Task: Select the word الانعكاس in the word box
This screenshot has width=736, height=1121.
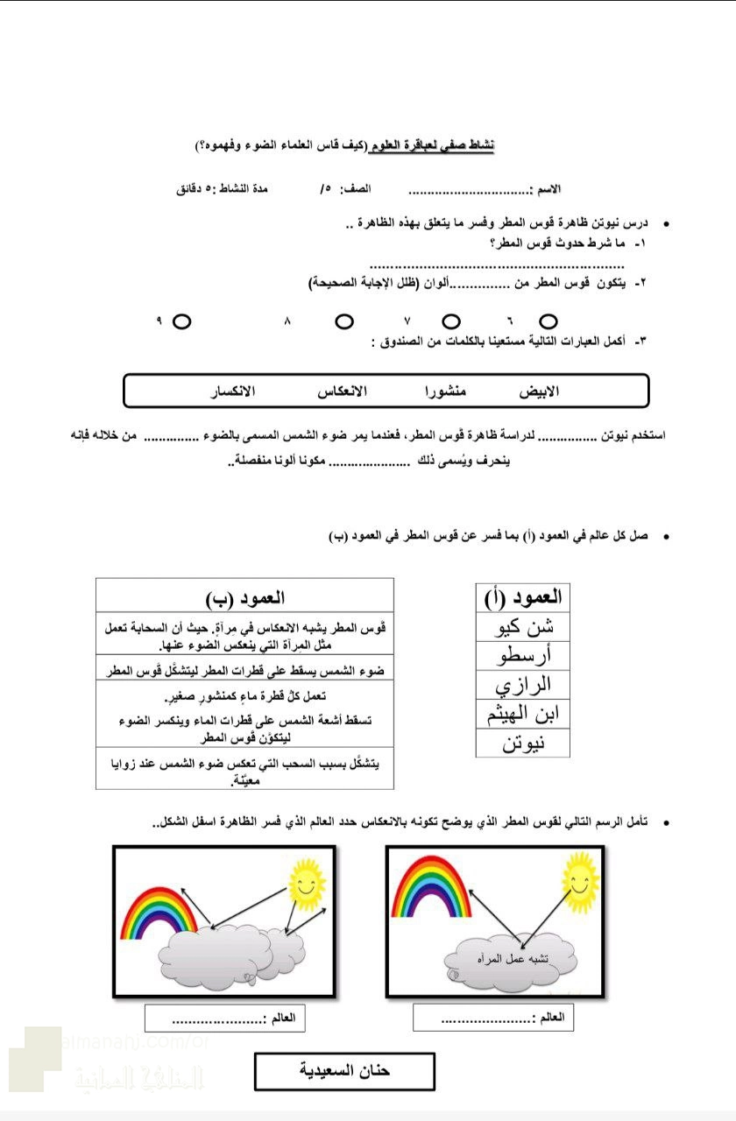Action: click(x=342, y=391)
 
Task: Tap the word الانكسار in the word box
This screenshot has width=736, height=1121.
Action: click(x=232, y=391)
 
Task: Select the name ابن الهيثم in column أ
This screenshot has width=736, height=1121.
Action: click(x=522, y=714)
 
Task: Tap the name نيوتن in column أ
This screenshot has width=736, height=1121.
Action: click(x=522, y=744)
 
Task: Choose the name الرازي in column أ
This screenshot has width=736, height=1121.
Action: click(x=522, y=684)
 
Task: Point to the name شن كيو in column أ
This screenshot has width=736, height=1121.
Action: click(x=522, y=626)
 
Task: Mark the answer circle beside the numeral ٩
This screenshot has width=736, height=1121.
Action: click(x=181, y=321)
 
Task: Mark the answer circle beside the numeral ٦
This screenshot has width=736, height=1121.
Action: click(x=548, y=321)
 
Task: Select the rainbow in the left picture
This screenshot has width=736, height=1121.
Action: click(x=159, y=908)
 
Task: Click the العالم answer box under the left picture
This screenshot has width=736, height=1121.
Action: click(x=225, y=1018)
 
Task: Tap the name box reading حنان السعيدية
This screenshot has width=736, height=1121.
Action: click(x=344, y=1071)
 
